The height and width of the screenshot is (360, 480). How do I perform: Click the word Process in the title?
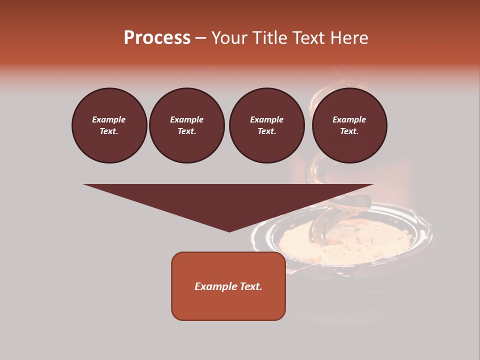[x=157, y=38]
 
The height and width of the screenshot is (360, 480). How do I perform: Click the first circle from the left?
[x=109, y=125]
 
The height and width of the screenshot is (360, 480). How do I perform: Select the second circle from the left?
[x=186, y=125]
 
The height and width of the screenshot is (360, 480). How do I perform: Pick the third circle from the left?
[x=266, y=125]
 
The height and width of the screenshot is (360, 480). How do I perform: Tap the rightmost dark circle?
[x=349, y=125]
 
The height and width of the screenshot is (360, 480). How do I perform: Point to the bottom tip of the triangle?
[x=229, y=231]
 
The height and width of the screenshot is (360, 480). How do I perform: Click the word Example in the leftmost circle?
[x=109, y=119]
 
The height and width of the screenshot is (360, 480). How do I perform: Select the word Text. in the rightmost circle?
[x=349, y=131]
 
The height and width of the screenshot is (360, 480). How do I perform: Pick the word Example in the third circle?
[x=266, y=119]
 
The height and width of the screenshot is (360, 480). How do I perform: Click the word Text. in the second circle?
[x=186, y=131]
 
